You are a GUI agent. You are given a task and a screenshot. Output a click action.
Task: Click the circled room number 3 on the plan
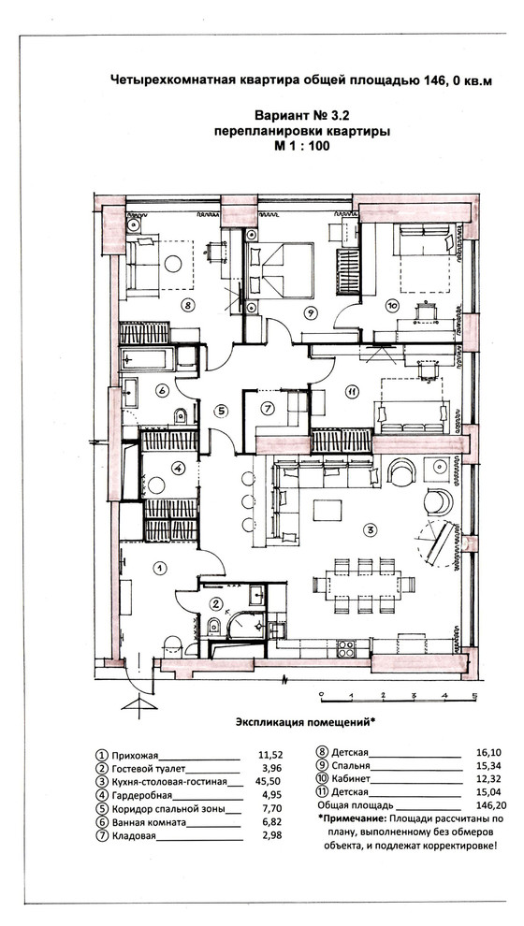point(370,529)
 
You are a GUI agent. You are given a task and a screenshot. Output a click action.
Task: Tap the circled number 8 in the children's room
point(187,305)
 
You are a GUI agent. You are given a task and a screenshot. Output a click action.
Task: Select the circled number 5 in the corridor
point(220,410)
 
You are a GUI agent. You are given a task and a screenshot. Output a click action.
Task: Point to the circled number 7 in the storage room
point(267,408)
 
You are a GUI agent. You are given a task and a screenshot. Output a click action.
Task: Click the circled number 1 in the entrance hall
point(159,568)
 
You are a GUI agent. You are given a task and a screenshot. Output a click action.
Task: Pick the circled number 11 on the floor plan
point(352,391)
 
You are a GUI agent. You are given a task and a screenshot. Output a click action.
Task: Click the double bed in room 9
point(280,269)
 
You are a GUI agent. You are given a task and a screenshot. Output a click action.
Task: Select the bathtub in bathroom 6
point(147,358)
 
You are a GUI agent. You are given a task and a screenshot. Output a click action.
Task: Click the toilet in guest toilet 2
point(214,626)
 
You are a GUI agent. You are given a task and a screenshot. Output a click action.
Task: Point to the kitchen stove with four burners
point(346,648)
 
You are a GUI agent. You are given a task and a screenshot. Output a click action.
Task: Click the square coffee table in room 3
point(327,510)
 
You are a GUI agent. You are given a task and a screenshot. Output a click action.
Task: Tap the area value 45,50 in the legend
point(269,782)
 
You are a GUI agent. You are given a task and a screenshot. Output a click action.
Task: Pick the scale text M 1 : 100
point(302,146)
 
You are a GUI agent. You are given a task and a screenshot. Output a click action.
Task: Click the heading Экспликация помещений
point(305,722)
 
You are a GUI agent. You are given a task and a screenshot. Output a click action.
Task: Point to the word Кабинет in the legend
point(351,779)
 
